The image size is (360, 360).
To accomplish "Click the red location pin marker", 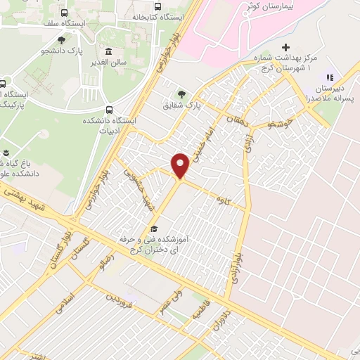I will click(180, 165).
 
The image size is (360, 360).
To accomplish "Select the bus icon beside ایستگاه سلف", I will click(65, 13).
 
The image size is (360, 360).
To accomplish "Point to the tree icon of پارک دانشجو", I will click(62, 40).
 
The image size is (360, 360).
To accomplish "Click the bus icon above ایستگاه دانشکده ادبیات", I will click(109, 109).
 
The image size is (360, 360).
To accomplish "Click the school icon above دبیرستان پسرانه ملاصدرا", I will click(329, 77).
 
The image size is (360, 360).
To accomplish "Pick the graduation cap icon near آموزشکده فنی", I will click(154, 229).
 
